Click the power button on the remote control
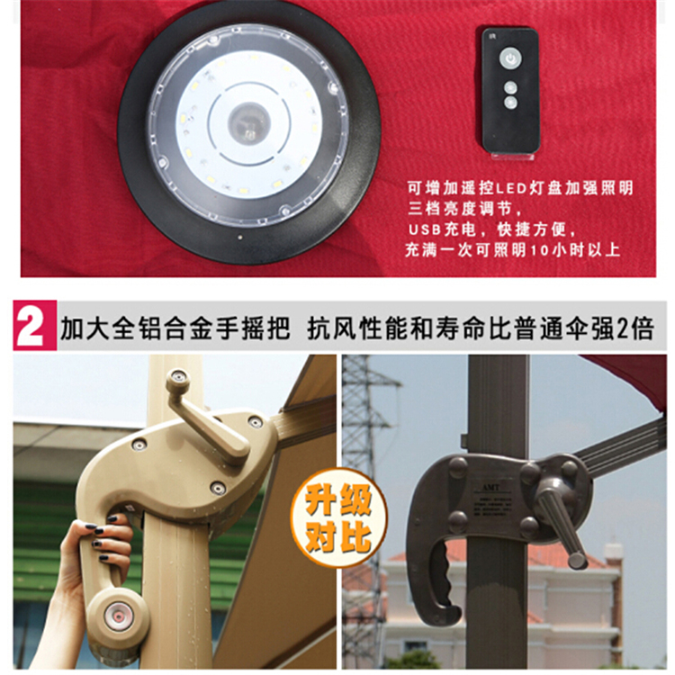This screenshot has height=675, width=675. tap(510, 58)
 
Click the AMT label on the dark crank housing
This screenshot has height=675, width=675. tap(490, 487)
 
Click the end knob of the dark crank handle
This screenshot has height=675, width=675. tap(577, 561)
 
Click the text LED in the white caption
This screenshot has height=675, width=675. tap(511, 188)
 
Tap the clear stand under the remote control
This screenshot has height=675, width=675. tap(512, 156)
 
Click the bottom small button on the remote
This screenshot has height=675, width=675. tap(510, 102)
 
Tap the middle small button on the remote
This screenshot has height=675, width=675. tap(510, 87)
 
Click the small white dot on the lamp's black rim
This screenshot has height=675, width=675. tap(240, 237)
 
